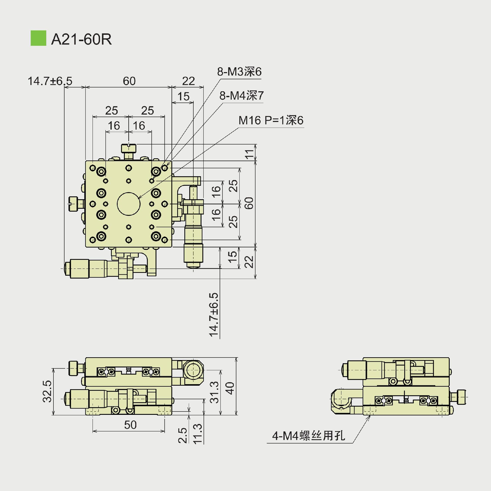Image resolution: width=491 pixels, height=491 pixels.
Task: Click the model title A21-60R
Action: click(x=81, y=39)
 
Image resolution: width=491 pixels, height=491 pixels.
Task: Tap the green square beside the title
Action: click(x=38, y=38)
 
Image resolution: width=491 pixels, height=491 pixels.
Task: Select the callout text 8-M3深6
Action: click(x=239, y=72)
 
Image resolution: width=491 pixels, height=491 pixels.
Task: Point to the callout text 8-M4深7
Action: click(x=241, y=96)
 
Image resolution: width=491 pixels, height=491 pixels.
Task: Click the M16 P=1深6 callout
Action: click(x=271, y=120)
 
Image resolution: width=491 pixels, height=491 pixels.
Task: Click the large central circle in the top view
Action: click(x=129, y=204)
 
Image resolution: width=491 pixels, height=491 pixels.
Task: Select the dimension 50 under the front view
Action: click(x=130, y=425)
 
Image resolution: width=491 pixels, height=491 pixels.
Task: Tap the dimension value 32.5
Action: click(x=48, y=392)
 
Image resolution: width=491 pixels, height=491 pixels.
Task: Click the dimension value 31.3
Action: click(x=214, y=392)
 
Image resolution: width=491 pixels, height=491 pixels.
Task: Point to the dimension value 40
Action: click(x=230, y=388)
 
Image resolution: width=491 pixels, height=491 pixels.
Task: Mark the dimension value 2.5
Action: click(x=183, y=435)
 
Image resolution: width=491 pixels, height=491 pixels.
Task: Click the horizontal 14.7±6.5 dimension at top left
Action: click(x=50, y=81)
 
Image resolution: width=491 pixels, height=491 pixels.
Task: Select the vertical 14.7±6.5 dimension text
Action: click(x=214, y=315)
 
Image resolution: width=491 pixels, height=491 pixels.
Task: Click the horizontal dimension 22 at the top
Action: click(x=188, y=81)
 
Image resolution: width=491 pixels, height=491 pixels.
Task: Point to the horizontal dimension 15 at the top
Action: click(x=183, y=97)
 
